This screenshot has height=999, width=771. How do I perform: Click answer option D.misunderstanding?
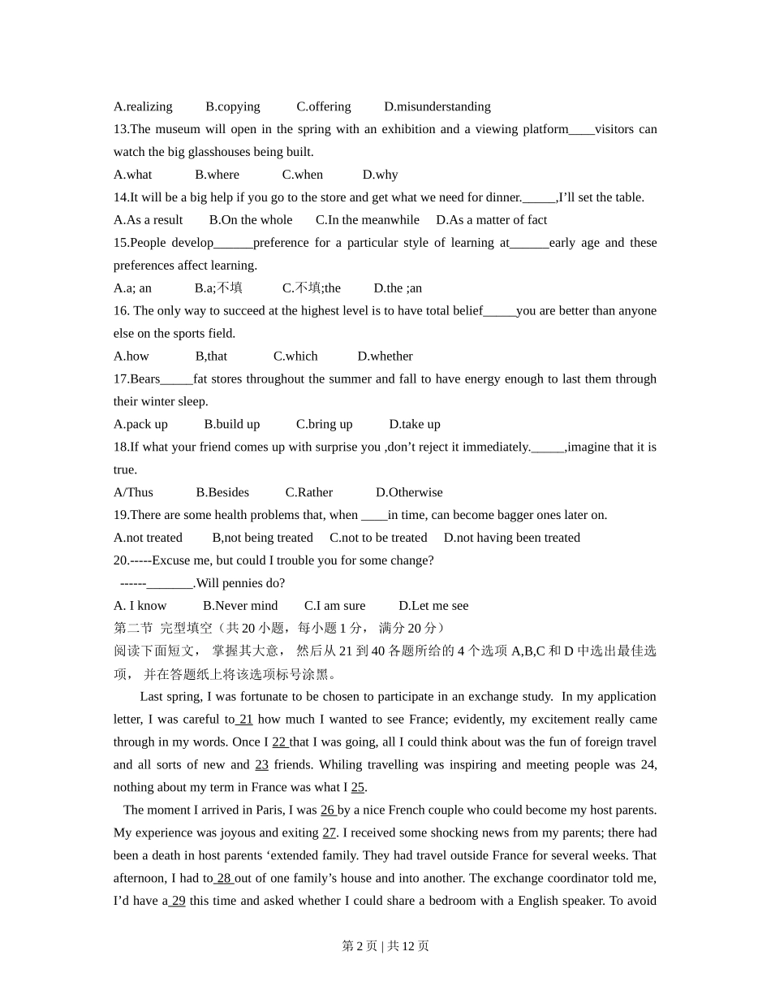tap(437, 106)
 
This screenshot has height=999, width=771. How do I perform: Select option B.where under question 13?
tap(217, 175)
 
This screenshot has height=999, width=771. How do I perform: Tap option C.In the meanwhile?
tap(368, 220)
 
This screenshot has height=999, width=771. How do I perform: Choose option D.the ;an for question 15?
tap(398, 288)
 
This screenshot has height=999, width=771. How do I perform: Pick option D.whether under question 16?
tap(385, 357)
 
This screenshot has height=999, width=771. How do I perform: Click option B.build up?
tap(232, 425)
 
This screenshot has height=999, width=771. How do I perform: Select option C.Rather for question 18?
tap(309, 493)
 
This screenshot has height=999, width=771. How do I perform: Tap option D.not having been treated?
tap(512, 538)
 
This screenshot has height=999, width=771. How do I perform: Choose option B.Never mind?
tap(240, 606)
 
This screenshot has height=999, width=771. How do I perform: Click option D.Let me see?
tap(433, 606)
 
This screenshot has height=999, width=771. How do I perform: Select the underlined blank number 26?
tap(328, 811)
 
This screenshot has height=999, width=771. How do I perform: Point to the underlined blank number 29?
tap(179, 902)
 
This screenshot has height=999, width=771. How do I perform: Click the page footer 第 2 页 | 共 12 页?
tap(385, 946)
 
